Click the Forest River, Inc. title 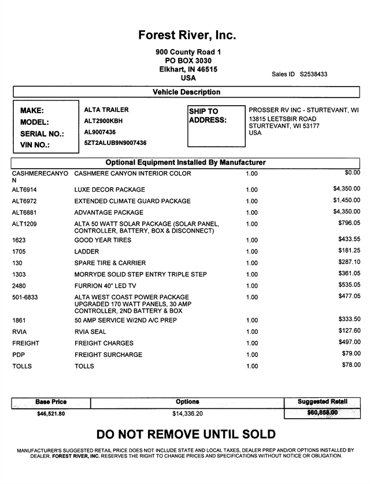(187, 35)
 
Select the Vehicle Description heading (186, 92)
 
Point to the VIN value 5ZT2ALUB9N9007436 (115, 143)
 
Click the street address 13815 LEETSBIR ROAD (283, 119)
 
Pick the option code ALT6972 (25, 201)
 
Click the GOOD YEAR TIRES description (103, 240)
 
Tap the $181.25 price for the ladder (349, 250)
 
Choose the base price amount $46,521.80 (51, 414)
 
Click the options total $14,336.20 (187, 414)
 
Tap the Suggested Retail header (322, 401)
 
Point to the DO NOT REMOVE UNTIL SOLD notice (186, 434)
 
